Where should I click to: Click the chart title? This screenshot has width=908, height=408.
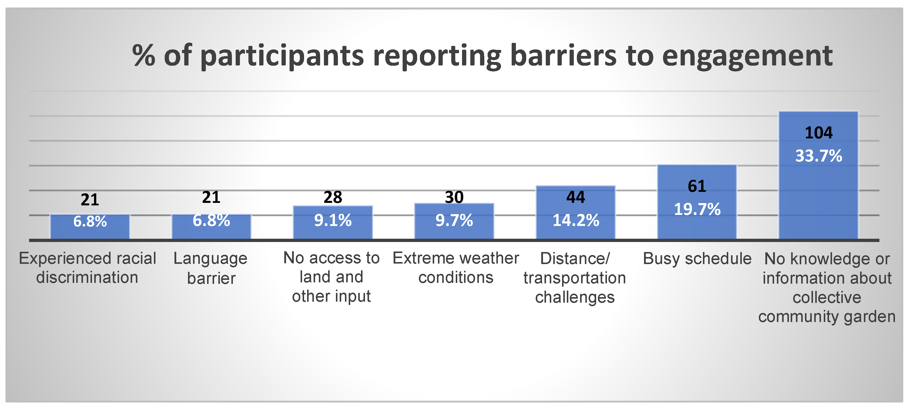click(x=482, y=56)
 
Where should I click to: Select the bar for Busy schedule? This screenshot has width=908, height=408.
click(x=697, y=202)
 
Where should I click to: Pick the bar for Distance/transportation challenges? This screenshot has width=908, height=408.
click(x=576, y=213)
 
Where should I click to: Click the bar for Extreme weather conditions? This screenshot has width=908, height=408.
click(x=454, y=221)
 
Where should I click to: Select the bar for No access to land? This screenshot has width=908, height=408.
click(x=333, y=222)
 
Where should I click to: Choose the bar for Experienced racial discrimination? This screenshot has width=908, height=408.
click(x=90, y=227)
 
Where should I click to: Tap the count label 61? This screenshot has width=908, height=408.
click(x=697, y=186)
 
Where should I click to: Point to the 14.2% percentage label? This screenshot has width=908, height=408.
click(x=576, y=220)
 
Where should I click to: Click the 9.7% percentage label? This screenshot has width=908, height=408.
click(x=454, y=220)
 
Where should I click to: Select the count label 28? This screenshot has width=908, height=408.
click(x=333, y=197)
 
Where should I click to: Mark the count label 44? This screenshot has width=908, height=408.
click(x=576, y=197)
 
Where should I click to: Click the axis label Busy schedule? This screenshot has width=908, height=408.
click(x=697, y=259)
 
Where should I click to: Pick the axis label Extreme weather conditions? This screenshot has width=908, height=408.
click(x=456, y=268)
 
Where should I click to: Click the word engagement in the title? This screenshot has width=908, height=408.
click(x=747, y=56)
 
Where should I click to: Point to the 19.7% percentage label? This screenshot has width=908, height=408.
click(x=697, y=209)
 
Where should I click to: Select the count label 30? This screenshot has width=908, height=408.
click(x=454, y=197)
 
